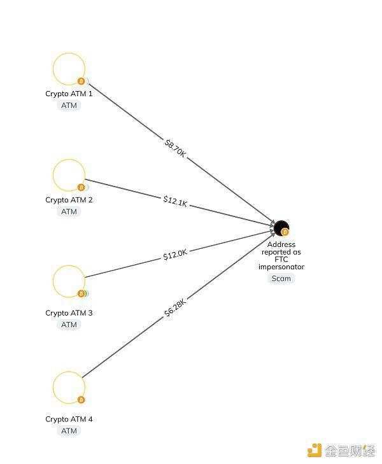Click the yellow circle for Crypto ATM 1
tap(53, 69)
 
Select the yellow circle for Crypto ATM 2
tap(53, 175)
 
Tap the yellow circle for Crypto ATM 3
tap(53, 281)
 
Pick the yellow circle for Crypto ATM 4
tap(53, 388)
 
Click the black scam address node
tap(279, 227)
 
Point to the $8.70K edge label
tap(175, 148)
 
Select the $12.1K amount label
tap(175, 201)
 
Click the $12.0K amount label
tap(175, 254)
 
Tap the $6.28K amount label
tap(175, 307)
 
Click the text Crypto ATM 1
tap(69, 94)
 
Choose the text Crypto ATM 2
tap(69, 200)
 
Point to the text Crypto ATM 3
tap(69, 313)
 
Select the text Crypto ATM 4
tap(69, 419)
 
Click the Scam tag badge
tap(281, 278)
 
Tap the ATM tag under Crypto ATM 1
tap(69, 106)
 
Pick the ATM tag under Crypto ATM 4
tap(69, 431)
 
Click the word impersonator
tap(281, 267)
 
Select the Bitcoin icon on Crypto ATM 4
tap(81, 400)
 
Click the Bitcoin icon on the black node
tap(285, 232)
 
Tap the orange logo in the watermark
tap(315, 450)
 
